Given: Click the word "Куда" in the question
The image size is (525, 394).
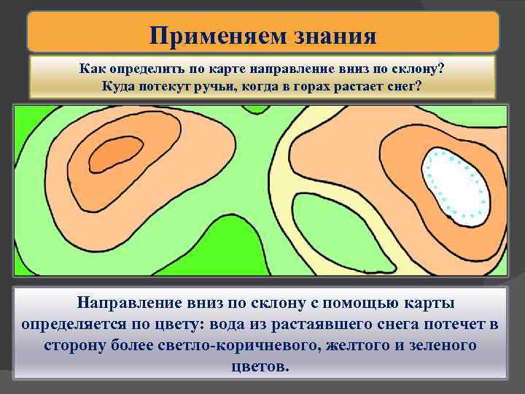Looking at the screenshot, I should tap(118, 85).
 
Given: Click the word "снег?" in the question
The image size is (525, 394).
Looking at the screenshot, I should tap(405, 85).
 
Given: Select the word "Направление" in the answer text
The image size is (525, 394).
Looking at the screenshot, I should tap(131, 302).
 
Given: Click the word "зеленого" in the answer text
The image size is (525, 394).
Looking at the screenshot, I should tap(442, 344).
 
